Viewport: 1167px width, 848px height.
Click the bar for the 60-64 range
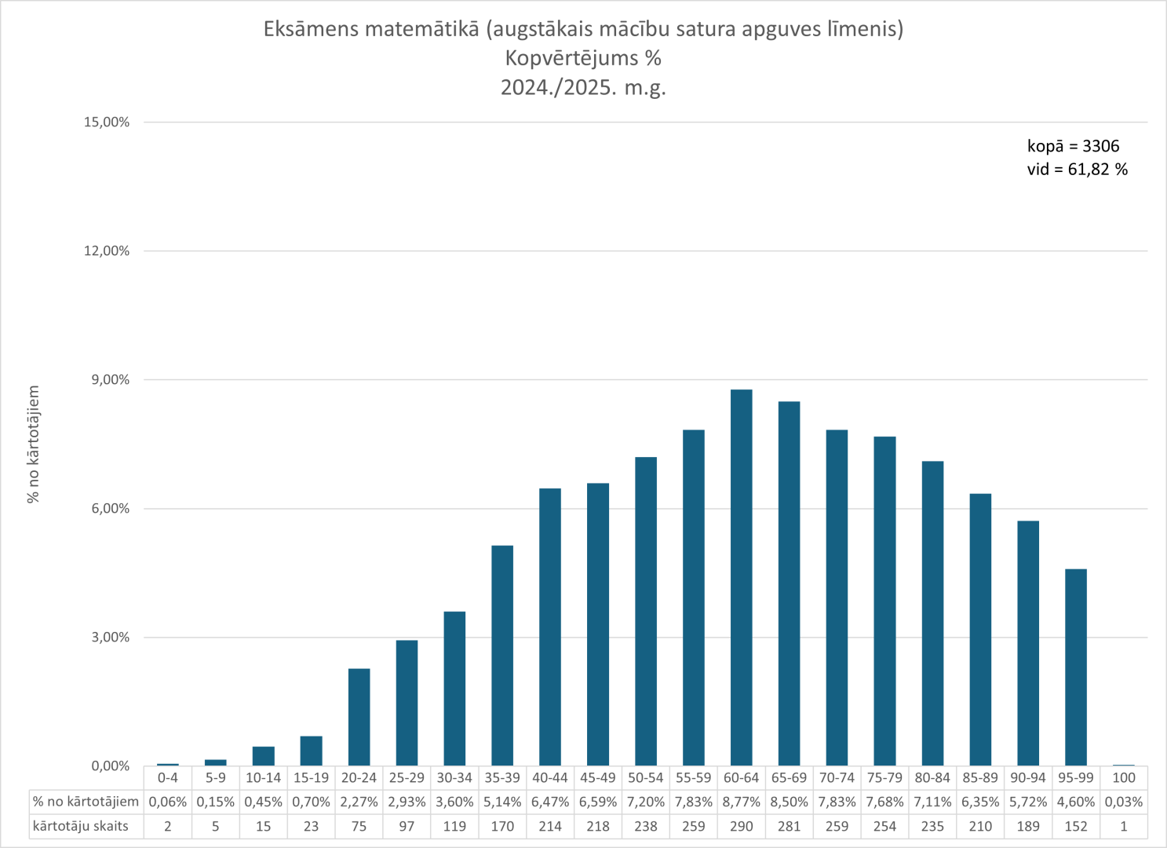tap(741, 577)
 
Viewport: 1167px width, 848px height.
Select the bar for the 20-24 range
tap(359, 717)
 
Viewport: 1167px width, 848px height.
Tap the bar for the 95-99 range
tap(1075, 667)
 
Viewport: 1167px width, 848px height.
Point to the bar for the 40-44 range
tap(550, 627)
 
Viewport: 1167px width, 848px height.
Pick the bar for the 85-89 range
tap(980, 630)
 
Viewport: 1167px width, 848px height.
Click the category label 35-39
tap(502, 778)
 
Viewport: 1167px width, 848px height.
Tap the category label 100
tap(1123, 778)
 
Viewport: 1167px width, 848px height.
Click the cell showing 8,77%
tap(741, 802)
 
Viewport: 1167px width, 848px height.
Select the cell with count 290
tap(741, 826)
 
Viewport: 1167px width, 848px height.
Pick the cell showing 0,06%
tap(168, 802)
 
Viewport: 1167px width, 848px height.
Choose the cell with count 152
tap(1075, 826)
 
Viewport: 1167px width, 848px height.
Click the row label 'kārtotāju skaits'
tap(81, 826)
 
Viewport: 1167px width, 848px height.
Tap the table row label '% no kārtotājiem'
tap(86, 802)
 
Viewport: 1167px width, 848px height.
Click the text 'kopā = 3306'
tap(1073, 146)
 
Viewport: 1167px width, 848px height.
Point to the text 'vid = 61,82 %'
tap(1077, 170)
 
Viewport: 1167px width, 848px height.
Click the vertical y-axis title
tap(33, 444)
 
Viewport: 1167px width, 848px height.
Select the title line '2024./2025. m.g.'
tap(583, 87)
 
